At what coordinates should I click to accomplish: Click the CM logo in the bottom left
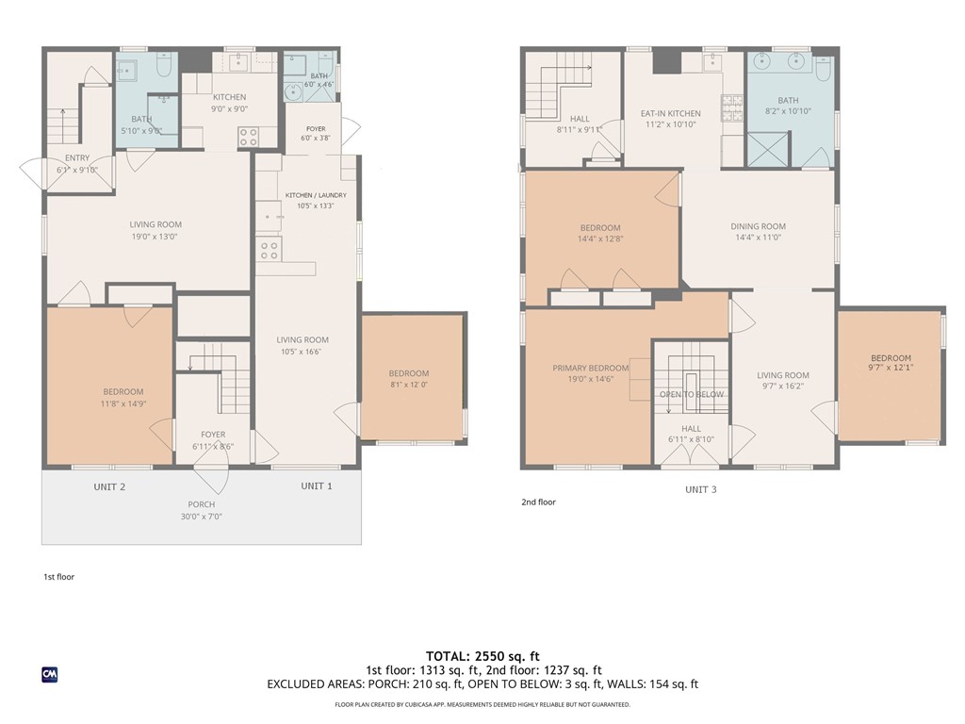pos(50,675)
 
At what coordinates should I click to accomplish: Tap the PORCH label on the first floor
pos(202,504)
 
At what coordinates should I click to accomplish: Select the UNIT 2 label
pos(109,487)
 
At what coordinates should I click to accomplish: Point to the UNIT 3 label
pos(701,489)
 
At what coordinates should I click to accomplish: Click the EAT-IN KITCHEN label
pos(670,113)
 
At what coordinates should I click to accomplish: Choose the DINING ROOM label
pos(759,226)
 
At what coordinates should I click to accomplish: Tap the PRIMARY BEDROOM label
pos(590,369)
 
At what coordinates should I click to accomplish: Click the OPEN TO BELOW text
pos(692,394)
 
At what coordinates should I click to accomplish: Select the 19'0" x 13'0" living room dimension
pos(155,237)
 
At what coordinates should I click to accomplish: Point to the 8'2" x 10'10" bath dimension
pos(789,111)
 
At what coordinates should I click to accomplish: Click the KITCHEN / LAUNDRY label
pos(316,195)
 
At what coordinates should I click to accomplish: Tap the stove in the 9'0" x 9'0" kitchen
pos(249,138)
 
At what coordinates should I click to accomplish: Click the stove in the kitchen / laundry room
pos(269,249)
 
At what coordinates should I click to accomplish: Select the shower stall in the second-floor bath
pos(767,148)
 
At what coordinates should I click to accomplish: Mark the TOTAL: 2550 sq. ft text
pos(482,656)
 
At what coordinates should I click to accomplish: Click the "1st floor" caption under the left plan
pos(59,577)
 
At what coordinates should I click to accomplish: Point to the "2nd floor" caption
pos(538,502)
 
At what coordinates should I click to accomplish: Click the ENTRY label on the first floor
pos(77,158)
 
